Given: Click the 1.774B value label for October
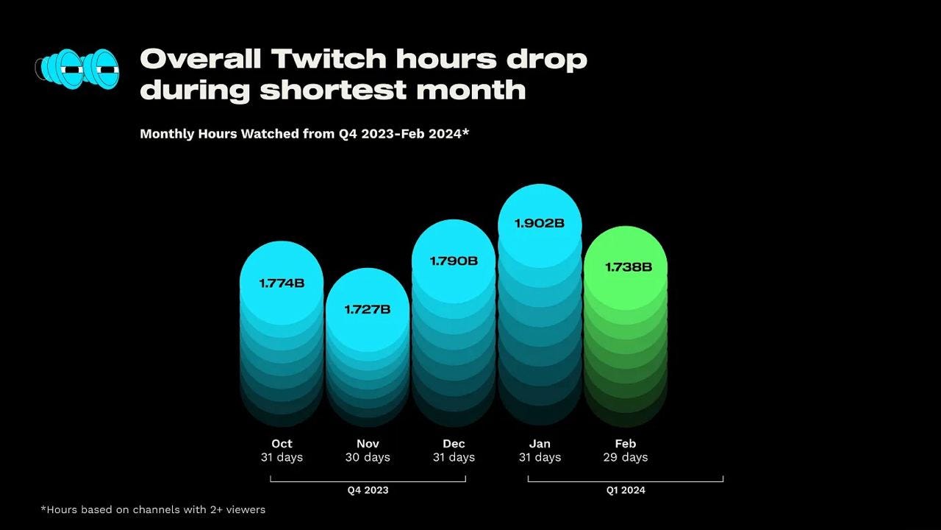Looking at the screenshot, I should coord(282,283).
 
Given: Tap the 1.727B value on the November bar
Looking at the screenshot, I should coord(368,309).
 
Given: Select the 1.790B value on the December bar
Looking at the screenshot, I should coord(454,261).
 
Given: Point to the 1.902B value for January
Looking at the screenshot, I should coord(540,222).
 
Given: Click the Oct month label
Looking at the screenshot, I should coord(282,443).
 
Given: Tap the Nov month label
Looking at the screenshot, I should coord(368,443).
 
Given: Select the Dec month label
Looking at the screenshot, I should coord(454,443).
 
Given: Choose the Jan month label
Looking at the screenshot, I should coord(540,443).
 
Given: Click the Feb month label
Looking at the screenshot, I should coord(626,443).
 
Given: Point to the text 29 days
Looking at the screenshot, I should coord(626,457).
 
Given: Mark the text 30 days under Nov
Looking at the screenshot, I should coord(368,457).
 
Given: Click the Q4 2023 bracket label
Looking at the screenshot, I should coord(368,490).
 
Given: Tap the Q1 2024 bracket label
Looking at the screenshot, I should coord(625,490).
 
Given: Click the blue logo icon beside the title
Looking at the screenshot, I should coord(78,69).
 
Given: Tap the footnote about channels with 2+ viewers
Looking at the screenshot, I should coord(153,509).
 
